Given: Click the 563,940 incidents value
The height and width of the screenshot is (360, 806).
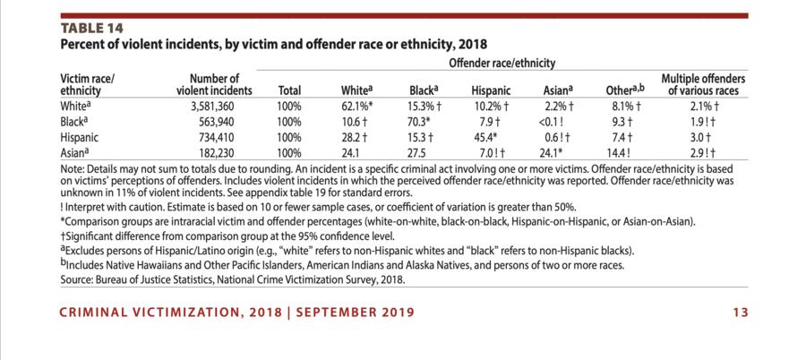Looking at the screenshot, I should [x=226, y=122].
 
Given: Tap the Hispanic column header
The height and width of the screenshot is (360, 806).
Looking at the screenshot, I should [x=491, y=90].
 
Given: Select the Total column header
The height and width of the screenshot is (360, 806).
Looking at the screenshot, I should [x=289, y=90].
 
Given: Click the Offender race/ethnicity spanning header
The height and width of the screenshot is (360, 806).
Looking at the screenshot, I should [x=502, y=64].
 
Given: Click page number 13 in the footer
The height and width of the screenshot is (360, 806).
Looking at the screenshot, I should [x=740, y=313].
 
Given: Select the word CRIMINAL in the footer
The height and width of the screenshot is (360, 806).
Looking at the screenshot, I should [x=96, y=313].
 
